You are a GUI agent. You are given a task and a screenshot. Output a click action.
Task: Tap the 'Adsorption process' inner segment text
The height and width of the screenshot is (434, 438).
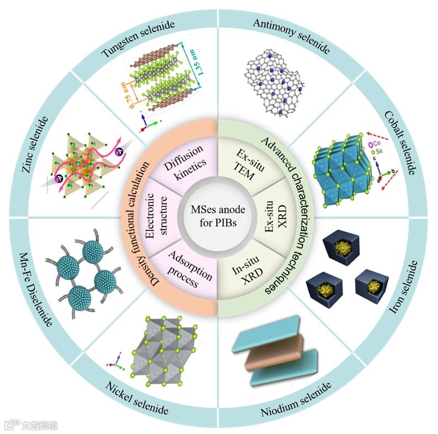click(x=184, y=273)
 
